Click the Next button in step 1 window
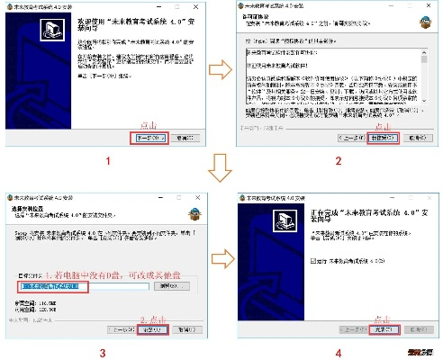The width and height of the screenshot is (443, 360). [149, 139]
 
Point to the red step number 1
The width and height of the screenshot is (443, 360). [107, 162]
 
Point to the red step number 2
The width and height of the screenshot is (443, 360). [338, 162]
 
